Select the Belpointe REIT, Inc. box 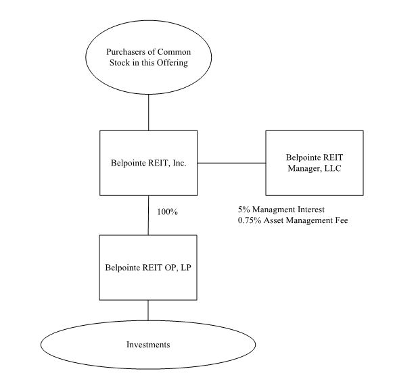coord(148,162)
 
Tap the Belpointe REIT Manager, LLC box coord(314,162)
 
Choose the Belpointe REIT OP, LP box coord(148,267)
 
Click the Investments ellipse coord(148,345)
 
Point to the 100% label coord(167,212)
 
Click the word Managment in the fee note coord(273,210)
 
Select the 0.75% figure coord(249,220)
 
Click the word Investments coord(148,345)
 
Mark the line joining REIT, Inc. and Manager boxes coord(231,162)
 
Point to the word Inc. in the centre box coord(177,163)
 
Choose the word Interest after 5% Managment coord(315,210)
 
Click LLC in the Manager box coord(331,168)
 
